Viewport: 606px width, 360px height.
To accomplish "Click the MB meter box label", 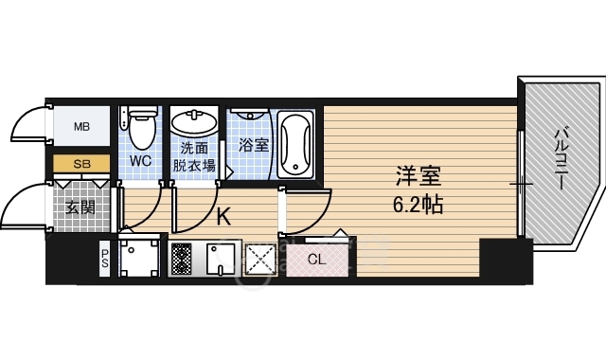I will coord(81,125).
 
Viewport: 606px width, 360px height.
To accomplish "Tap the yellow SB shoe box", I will coord(81,164).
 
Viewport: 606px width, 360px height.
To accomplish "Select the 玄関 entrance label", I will coord(80,207).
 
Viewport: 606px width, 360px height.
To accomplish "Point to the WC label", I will coord(140,161).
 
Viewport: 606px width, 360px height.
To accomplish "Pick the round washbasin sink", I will coord(194,124).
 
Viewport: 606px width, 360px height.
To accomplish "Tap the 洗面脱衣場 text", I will coord(194,157).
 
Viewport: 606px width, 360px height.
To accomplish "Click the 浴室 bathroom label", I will coord(253,145).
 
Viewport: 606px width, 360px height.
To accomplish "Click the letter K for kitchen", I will coord(223,217).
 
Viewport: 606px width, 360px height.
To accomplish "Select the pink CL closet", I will coord(317,258).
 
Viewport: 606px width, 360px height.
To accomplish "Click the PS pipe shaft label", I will coord(105,257).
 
